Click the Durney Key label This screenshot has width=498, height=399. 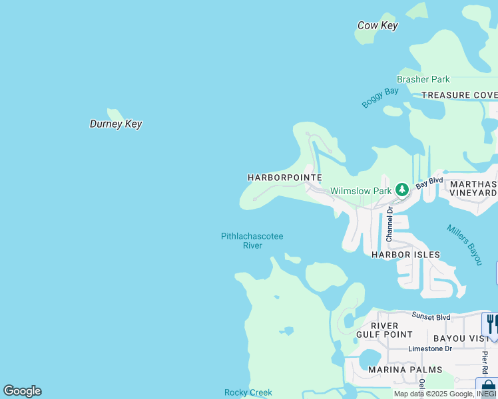tap(116, 124)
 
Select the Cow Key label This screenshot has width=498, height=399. tap(377, 26)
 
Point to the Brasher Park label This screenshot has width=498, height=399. tap(423, 80)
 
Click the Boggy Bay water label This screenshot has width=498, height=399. tap(380, 97)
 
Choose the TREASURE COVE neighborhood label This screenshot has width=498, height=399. tap(459, 95)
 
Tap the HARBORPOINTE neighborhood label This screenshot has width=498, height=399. tap(285, 178)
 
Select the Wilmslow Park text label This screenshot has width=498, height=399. tap(362, 192)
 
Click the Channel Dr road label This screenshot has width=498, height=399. tap(389, 223)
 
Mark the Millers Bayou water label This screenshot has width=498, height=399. tap(464, 244)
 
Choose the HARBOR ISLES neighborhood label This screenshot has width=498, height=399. tap(405, 255)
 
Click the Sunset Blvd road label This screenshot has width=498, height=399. tap(431, 317)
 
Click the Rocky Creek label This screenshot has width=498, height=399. tap(248, 393)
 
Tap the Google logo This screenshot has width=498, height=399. tap(22, 391)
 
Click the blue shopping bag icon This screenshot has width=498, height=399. tap(488, 386)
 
